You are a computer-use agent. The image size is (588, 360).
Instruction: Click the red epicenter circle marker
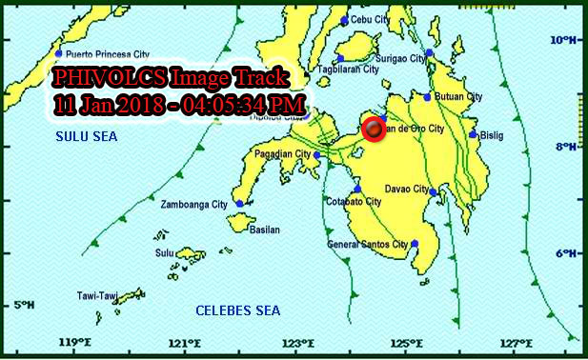tap(374, 130)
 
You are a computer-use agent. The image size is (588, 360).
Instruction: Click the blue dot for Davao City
tap(433, 192)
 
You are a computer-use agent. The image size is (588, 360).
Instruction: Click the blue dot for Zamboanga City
tap(239, 203)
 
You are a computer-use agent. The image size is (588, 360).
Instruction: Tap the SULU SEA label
tap(86, 137)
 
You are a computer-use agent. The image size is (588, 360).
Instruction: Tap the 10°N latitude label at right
tap(565, 40)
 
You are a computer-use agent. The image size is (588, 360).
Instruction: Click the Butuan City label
tap(460, 97)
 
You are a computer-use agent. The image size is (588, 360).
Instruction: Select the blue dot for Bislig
tap(473, 134)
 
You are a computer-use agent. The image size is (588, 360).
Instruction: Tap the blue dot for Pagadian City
tap(317, 154)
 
